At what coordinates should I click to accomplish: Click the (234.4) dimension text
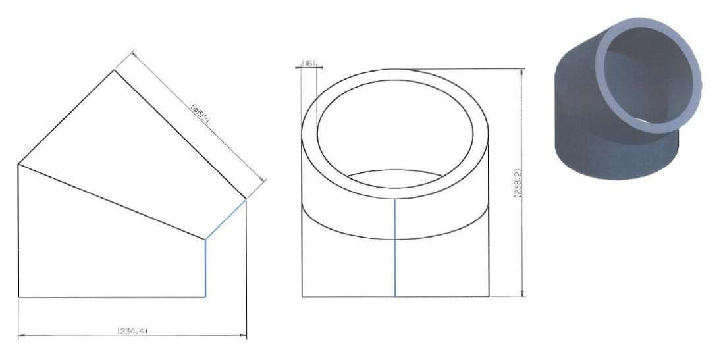coord(133,330)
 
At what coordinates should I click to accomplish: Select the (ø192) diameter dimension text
coord(200,112)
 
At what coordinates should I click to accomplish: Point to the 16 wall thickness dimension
coord(309,63)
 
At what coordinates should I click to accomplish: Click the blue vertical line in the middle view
coord(395,248)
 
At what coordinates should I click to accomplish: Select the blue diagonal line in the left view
coord(225,219)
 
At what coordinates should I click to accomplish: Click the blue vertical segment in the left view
coord(205,268)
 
